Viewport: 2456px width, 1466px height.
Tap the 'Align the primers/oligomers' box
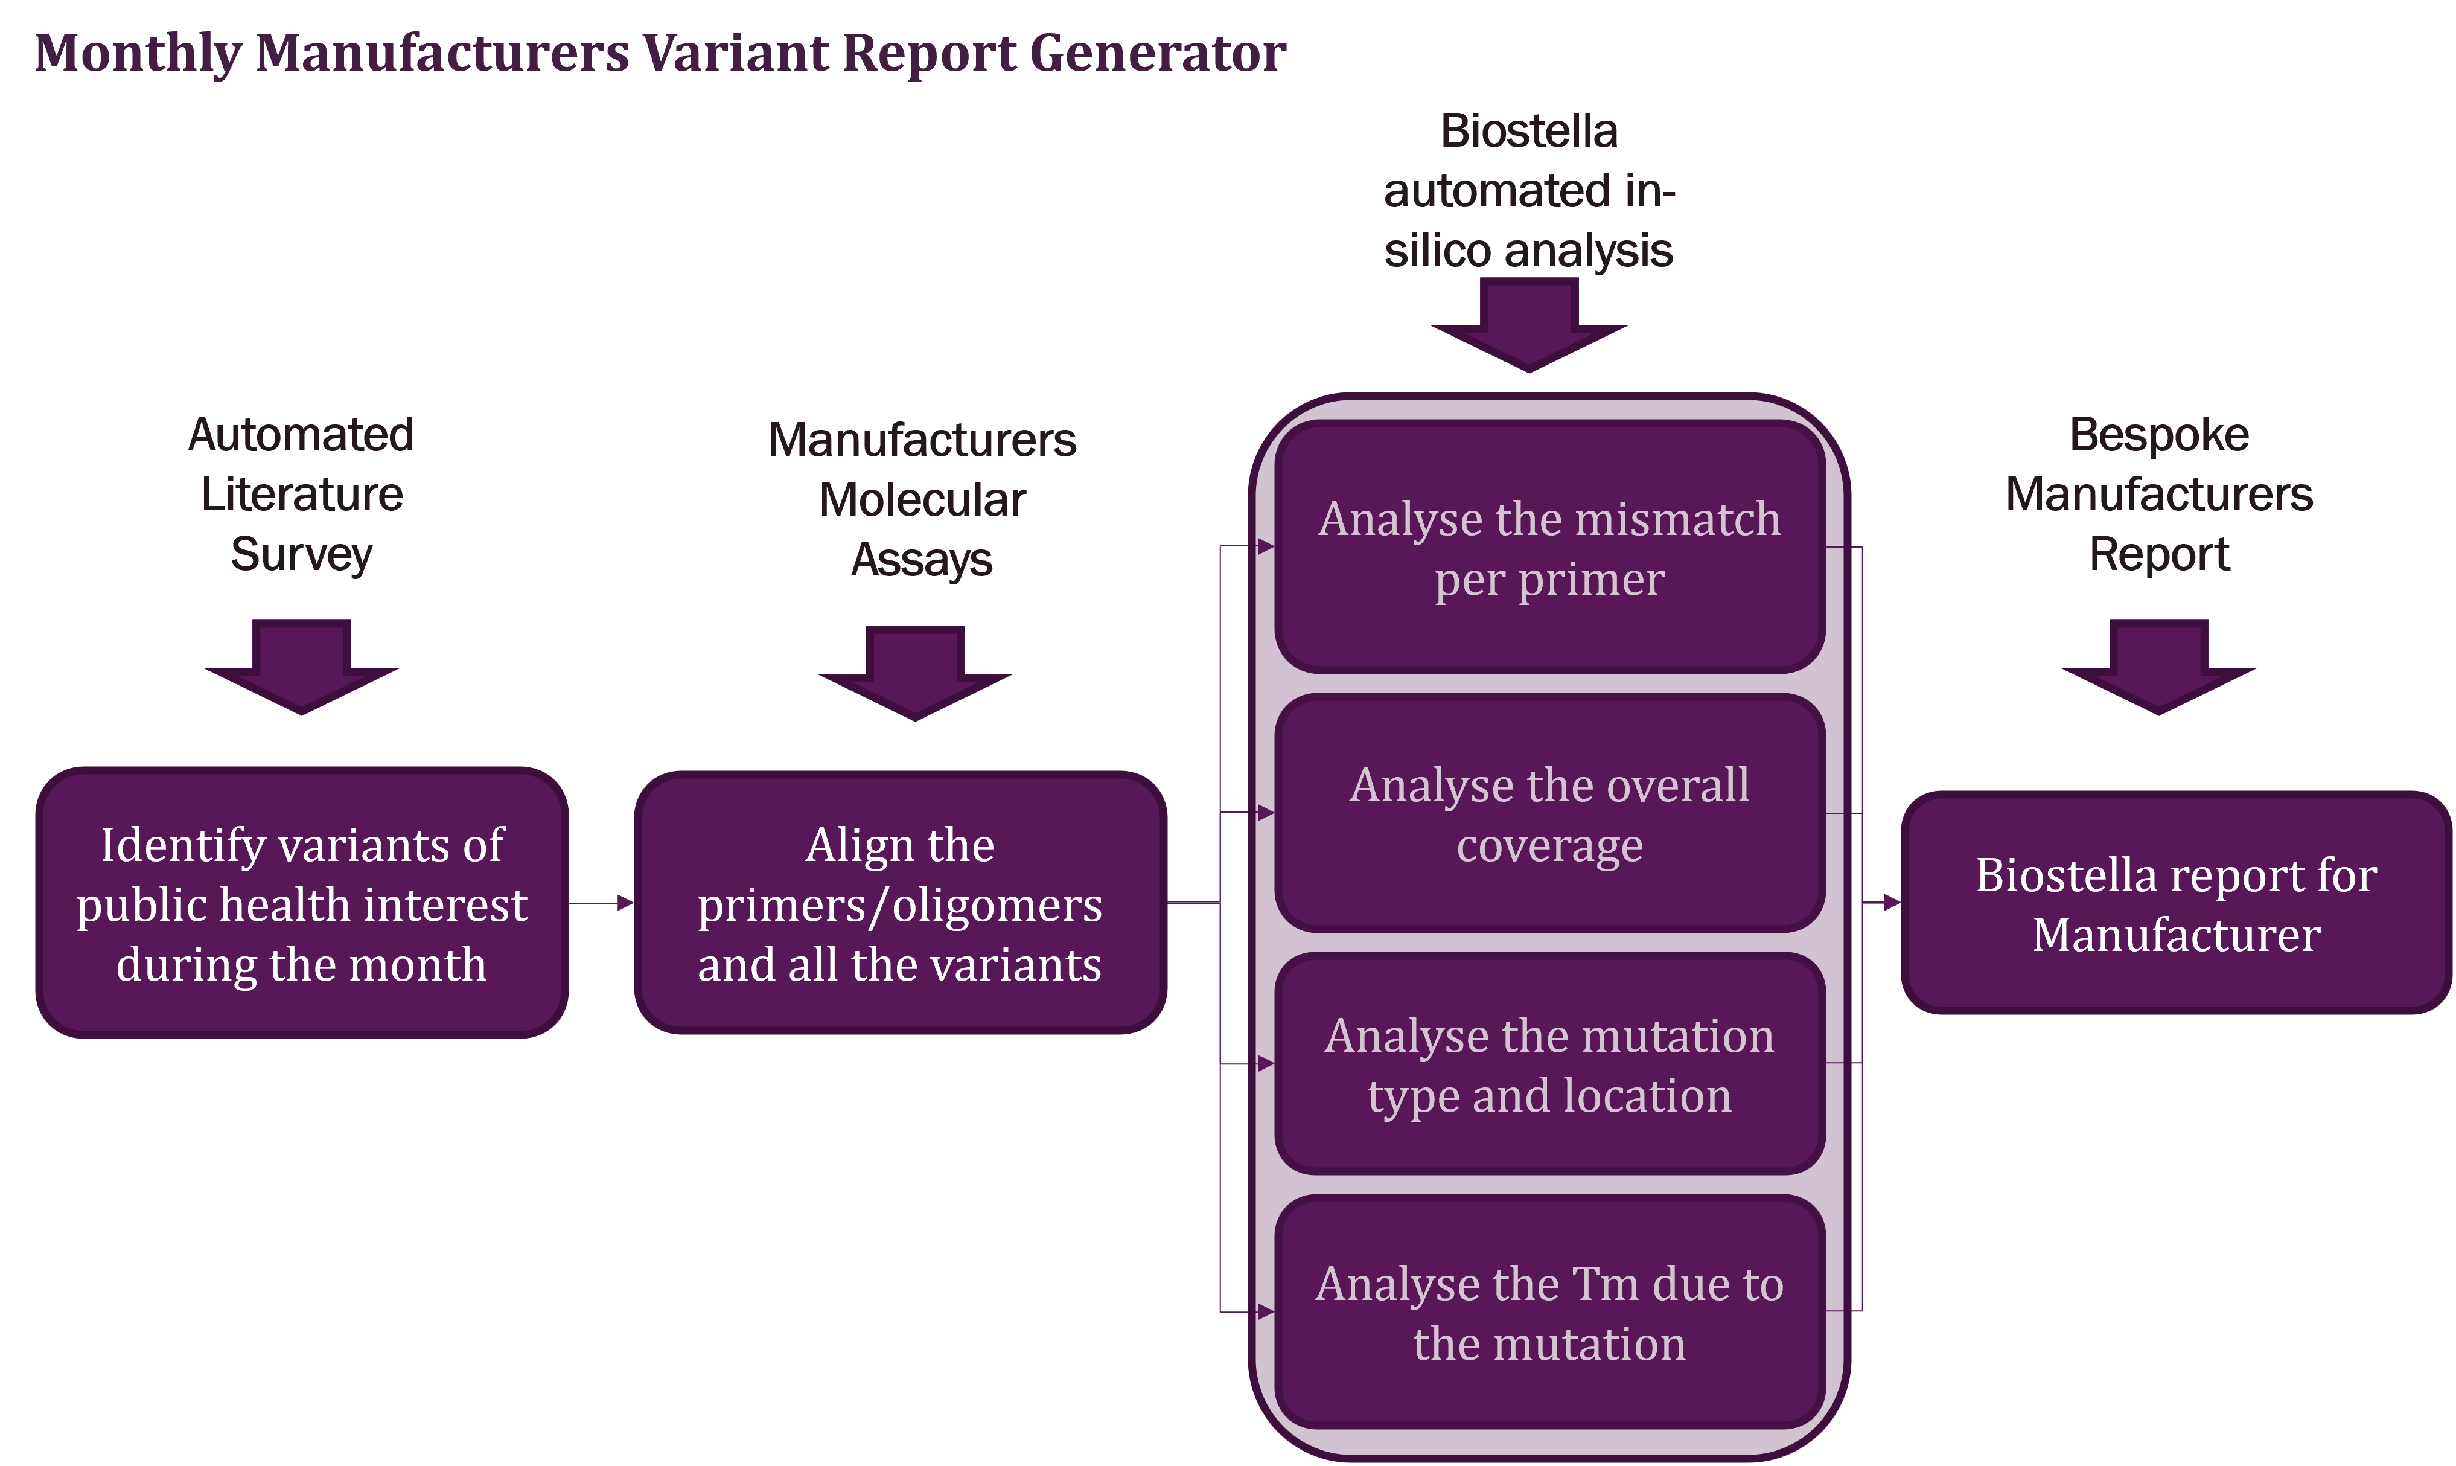click(899, 903)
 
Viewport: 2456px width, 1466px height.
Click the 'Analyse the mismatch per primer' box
click(1549, 548)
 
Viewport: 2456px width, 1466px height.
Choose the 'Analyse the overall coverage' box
click(1549, 814)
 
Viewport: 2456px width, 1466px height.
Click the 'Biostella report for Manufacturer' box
click(2175, 903)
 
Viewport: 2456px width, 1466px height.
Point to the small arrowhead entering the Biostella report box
click(1890, 903)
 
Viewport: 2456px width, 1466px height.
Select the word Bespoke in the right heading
click(2159, 435)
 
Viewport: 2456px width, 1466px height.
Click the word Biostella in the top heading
click(1529, 132)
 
